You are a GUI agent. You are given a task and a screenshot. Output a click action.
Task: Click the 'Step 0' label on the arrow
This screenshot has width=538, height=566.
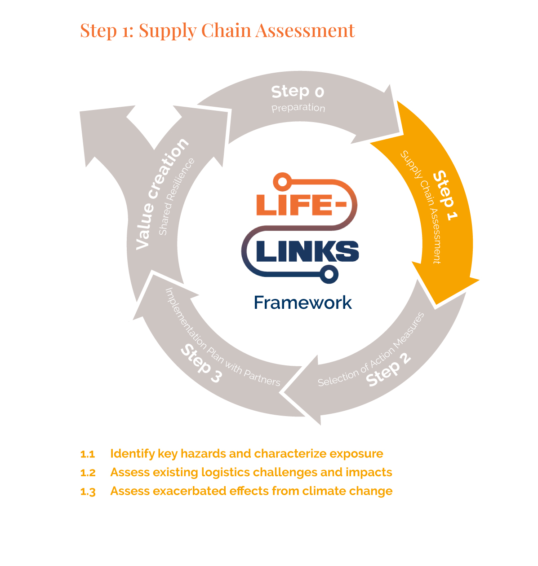[x=298, y=92]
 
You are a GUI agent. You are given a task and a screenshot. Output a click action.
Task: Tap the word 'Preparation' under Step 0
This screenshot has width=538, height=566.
[x=298, y=108]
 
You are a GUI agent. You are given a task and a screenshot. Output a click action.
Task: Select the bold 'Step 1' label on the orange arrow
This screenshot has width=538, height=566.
[x=445, y=195]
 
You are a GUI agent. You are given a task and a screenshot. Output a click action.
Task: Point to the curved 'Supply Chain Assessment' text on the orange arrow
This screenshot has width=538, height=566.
[x=420, y=206]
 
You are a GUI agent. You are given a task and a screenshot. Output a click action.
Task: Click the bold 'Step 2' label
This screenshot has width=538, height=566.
[x=388, y=369]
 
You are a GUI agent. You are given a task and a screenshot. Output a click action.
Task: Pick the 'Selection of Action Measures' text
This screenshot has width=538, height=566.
[x=371, y=350]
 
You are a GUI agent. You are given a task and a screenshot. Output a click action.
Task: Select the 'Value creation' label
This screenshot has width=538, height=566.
[x=162, y=193]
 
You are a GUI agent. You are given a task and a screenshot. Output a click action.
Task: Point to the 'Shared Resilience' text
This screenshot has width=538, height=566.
[x=177, y=197]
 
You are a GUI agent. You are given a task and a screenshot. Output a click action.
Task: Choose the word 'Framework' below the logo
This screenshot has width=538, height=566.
[x=302, y=303]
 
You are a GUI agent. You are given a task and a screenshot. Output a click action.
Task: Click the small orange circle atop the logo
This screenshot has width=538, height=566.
[x=282, y=182]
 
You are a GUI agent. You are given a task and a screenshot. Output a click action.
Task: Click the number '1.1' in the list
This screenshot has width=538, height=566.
[x=88, y=454]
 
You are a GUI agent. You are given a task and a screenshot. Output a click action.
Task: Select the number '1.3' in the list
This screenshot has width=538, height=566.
[x=88, y=491]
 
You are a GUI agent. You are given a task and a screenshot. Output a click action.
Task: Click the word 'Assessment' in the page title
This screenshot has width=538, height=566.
[x=305, y=31]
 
